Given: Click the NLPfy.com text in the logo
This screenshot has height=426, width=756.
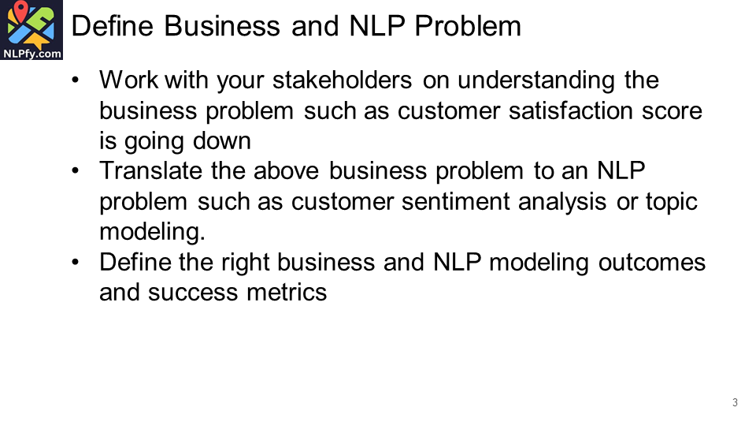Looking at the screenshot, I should (32, 54).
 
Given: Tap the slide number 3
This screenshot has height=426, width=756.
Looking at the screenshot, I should (735, 403).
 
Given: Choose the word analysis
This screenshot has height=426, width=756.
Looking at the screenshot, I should (565, 201).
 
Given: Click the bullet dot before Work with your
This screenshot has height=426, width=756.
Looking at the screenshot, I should (75, 81).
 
